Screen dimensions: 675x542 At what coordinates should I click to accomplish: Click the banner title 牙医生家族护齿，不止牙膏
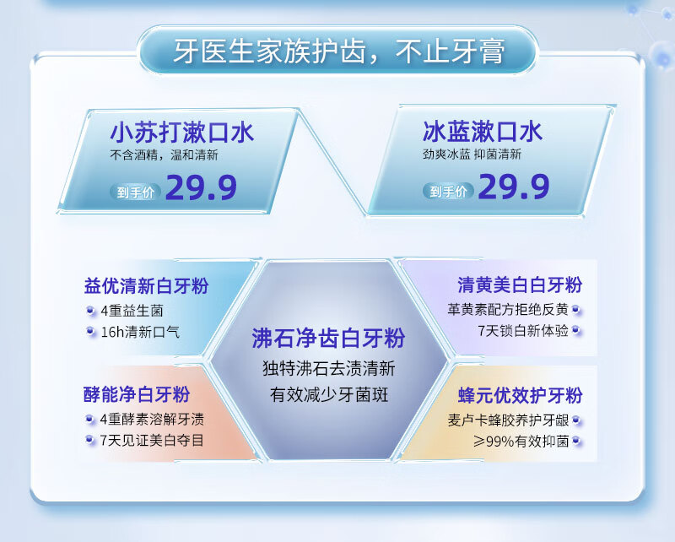pos(339,51)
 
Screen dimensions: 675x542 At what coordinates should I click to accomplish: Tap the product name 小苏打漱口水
pos(182,132)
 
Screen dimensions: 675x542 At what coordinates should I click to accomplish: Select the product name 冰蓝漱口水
pos(482,131)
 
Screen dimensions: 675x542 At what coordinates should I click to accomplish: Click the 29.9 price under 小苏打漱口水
pos(201,187)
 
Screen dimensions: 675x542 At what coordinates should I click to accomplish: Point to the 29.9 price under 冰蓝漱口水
pos(514,187)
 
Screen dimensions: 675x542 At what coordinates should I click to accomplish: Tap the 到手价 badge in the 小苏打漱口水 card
pos(136,192)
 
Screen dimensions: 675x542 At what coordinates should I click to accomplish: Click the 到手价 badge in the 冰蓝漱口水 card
pos(448,191)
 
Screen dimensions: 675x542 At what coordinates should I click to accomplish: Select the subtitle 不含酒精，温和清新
pos(164,154)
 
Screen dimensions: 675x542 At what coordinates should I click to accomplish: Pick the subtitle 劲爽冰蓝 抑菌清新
pos(472,154)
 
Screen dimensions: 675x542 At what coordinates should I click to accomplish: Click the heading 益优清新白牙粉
pos(146,285)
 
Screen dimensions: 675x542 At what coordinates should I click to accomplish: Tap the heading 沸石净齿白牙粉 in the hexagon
pos(328,338)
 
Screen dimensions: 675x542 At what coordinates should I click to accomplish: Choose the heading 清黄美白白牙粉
pos(520,285)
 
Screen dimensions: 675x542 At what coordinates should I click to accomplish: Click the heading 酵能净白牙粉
pos(137,394)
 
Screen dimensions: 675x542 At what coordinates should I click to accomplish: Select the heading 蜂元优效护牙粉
pos(521,395)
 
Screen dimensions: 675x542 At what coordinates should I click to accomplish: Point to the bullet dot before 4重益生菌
pos(90,310)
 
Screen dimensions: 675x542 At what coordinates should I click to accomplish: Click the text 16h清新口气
pos(140,332)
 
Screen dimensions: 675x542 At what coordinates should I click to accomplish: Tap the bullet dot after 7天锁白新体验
pos(576,330)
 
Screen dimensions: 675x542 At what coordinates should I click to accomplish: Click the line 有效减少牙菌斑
pos(329,394)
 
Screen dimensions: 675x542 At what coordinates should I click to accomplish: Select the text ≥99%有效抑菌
pos(521,442)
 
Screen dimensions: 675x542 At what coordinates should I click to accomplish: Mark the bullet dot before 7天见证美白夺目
pos(89,440)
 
